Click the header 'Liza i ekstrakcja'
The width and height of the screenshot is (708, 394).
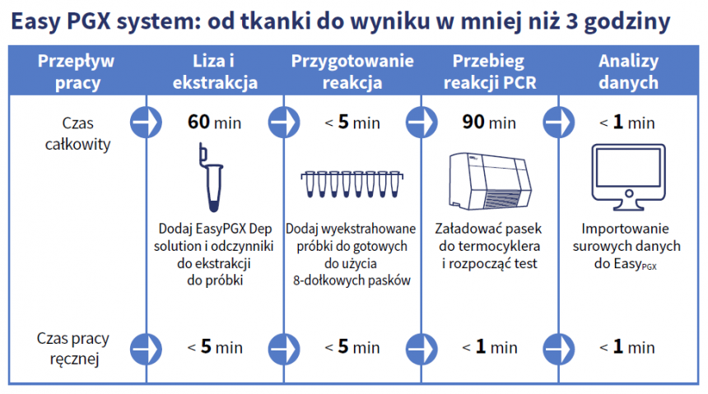click(215, 72)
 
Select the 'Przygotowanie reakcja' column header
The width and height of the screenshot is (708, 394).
click(352, 72)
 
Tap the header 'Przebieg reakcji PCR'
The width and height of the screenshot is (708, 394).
click(490, 72)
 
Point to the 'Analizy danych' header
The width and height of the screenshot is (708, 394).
click(628, 72)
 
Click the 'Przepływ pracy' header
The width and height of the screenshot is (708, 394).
click(77, 72)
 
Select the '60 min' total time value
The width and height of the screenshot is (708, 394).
click(215, 123)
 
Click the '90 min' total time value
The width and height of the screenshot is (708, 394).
click(489, 123)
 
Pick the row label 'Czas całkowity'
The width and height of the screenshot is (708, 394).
click(77, 133)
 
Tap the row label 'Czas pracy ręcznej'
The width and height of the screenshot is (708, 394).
click(73, 349)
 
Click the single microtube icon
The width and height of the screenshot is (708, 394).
click(212, 178)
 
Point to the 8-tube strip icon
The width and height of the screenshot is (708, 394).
click(352, 183)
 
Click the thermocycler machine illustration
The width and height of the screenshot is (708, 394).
click(491, 181)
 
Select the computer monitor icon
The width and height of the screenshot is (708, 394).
click(628, 177)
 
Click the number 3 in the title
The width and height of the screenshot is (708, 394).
click(571, 21)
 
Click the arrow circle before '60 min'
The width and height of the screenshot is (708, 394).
click(146, 123)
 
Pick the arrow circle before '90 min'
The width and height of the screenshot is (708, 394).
click(422, 123)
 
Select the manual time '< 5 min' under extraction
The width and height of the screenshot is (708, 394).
click(215, 347)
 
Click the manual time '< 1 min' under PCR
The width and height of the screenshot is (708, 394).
click(490, 347)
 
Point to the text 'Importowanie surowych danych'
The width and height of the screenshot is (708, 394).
click(626, 238)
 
